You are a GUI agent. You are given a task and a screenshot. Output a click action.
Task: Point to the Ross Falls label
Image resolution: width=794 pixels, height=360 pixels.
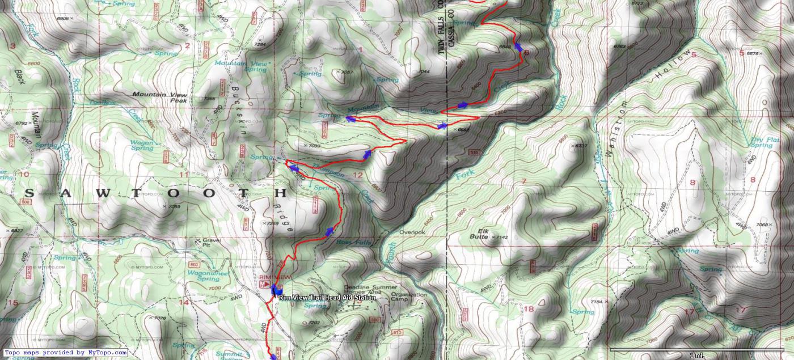[x=353, y=242]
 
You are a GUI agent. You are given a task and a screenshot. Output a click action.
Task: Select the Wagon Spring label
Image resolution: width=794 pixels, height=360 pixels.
[x=142, y=145]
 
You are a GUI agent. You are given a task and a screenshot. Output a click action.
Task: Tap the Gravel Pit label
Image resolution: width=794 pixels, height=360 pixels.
[x=211, y=243]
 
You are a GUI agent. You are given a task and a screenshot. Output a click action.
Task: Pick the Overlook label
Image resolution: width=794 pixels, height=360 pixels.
[x=411, y=232]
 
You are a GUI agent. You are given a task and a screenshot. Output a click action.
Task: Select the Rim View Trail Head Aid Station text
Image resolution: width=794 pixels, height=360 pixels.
[x=327, y=298]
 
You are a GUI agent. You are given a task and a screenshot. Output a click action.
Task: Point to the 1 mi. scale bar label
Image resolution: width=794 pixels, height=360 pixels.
[x=697, y=355]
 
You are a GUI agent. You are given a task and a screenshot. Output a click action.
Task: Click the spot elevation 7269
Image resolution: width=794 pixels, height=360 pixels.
[x=272, y=224]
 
